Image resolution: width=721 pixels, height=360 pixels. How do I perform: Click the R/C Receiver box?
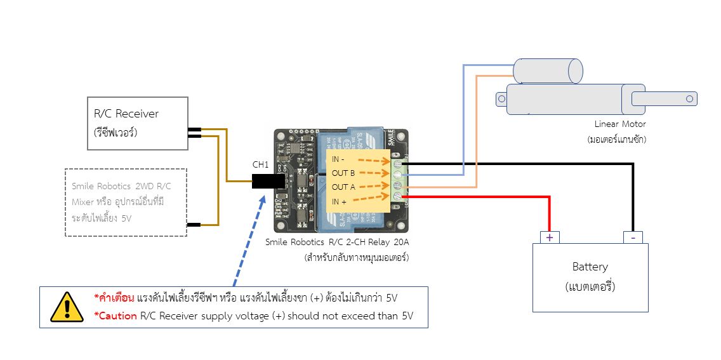137,123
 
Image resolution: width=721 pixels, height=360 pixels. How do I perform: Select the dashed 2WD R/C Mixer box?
126,202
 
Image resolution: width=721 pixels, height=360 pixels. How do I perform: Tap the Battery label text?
590,267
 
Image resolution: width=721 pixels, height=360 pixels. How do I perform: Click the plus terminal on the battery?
550,237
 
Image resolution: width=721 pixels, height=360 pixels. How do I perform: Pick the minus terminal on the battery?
632,237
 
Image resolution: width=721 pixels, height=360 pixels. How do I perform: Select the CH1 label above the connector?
261,164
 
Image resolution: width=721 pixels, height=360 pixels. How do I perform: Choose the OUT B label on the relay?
343,173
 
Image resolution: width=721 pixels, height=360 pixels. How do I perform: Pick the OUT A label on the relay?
343,187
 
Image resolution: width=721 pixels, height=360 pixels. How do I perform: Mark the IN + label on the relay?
340,201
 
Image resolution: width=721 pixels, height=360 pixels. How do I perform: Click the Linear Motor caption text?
620,124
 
